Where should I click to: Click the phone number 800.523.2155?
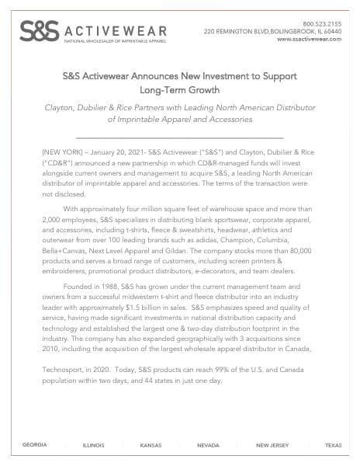[x=322, y=23]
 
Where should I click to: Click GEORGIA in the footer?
[x=34, y=445]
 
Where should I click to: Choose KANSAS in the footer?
[x=151, y=445]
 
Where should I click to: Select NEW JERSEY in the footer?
[x=272, y=445]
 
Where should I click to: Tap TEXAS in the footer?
[x=333, y=445]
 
